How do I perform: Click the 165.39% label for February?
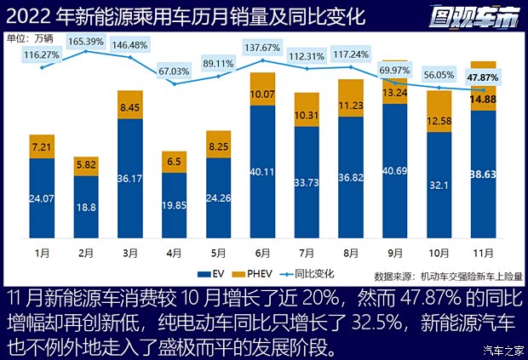tap(85, 41)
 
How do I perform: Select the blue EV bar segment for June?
tap(262, 179)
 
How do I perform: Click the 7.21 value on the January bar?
tap(42, 147)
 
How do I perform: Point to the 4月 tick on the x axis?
tap(174, 254)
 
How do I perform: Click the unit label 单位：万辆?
tap(29, 38)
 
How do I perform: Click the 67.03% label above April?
tap(174, 71)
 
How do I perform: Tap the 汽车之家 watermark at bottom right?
tap(501, 350)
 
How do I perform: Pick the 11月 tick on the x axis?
tap(483, 254)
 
